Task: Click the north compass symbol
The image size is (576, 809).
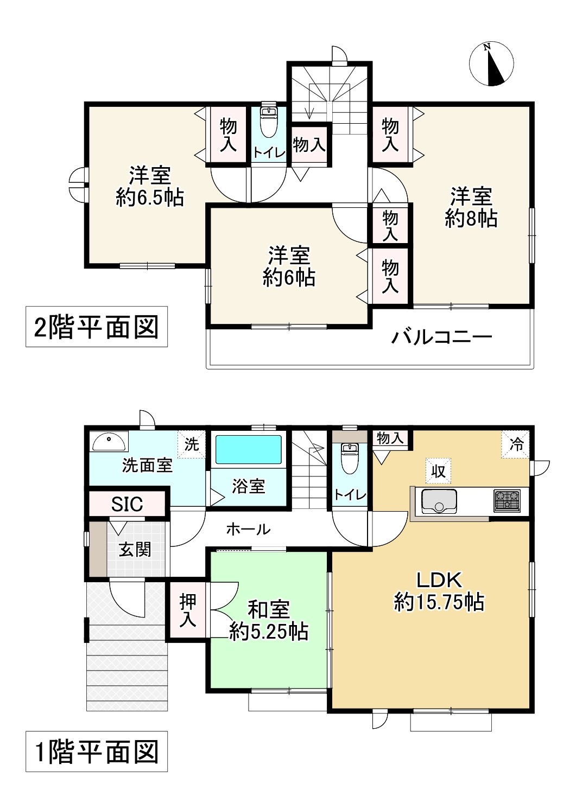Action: (x=491, y=63)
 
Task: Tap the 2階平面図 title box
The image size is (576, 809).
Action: (x=97, y=327)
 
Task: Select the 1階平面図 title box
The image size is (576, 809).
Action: (x=97, y=751)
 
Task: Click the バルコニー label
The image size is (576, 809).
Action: (x=442, y=337)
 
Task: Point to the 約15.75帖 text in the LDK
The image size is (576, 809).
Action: (x=439, y=602)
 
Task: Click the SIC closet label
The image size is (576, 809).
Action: (x=127, y=504)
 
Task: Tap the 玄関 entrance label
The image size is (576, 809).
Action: (x=135, y=550)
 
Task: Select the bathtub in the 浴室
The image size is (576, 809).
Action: (x=249, y=449)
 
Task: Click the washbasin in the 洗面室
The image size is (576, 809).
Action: (x=109, y=442)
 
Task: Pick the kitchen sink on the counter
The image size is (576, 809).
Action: (x=439, y=500)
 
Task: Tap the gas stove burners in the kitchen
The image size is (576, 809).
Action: (x=507, y=500)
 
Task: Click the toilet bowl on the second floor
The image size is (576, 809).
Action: (x=268, y=123)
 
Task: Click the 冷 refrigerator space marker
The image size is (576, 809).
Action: (x=516, y=444)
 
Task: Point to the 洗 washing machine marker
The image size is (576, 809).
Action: (x=192, y=444)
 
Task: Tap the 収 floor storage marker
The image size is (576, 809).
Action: (x=438, y=471)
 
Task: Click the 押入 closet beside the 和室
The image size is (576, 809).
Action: (x=188, y=610)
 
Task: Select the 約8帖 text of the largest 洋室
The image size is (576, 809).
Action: (x=471, y=219)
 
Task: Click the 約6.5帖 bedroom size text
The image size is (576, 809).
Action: (x=150, y=198)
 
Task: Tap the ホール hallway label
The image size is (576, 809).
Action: (x=248, y=528)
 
